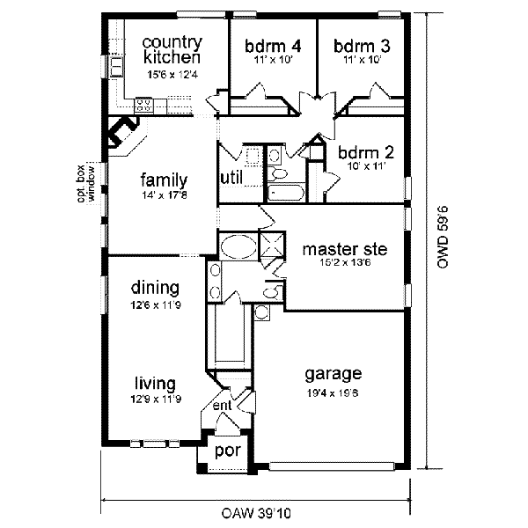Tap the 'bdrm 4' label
[274, 47]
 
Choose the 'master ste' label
[343, 249]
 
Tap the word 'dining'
[155, 288]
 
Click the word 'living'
[156, 383]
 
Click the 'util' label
[231, 179]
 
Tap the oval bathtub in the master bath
[238, 246]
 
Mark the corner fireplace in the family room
[123, 136]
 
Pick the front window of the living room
[154, 442]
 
